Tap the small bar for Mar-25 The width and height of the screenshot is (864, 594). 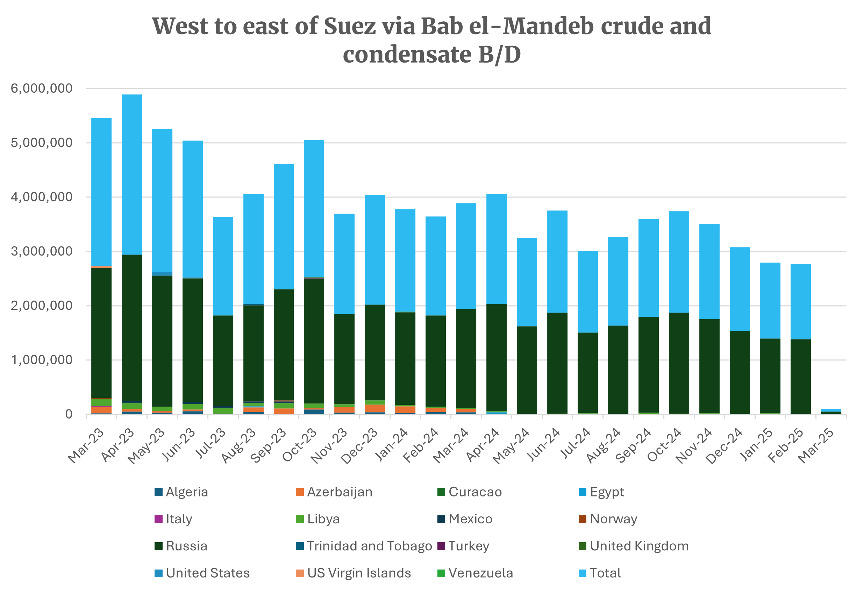coord(831,411)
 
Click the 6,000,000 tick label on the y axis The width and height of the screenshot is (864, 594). coord(42,88)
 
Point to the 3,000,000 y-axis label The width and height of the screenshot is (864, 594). coord(42,252)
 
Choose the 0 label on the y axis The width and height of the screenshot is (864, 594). coord(69,415)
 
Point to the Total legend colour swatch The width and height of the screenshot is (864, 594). coord(583,573)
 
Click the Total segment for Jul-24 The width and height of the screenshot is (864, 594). coord(588,292)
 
